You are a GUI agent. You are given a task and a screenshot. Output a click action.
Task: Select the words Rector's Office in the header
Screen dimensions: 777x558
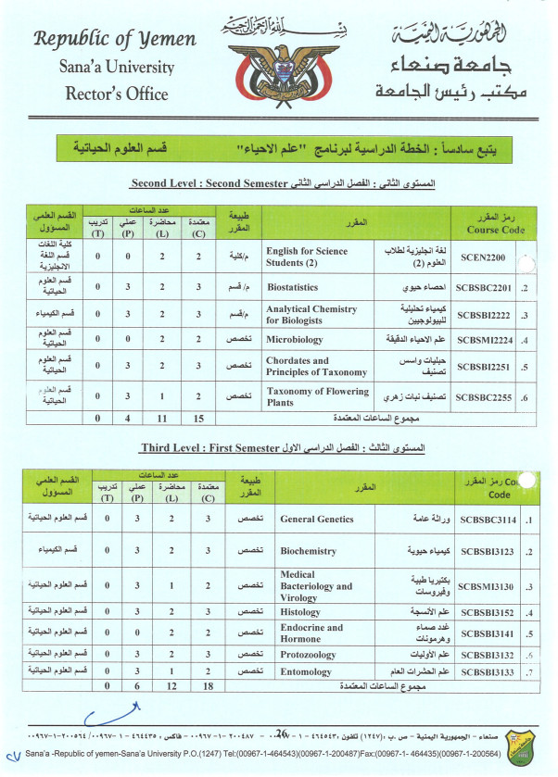117,93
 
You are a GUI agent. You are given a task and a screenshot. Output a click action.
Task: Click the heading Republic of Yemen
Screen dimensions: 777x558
115,39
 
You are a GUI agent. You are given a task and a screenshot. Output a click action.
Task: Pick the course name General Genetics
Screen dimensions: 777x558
316,520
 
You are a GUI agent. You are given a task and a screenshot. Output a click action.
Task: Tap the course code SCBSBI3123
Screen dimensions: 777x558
488,551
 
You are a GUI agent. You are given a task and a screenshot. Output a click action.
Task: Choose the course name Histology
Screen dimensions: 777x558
302,613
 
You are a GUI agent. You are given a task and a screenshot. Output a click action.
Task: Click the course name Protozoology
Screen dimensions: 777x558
310,654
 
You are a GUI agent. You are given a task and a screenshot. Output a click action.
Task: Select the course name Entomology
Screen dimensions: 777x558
307,670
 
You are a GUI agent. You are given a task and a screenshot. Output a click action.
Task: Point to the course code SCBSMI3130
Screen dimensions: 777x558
488,585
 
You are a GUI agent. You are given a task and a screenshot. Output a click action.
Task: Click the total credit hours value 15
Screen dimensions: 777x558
199,419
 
